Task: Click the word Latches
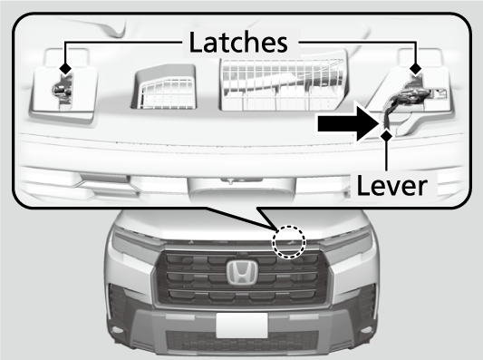240,43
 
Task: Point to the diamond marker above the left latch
65,66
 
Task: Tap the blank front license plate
241,325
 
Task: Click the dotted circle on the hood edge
290,240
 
